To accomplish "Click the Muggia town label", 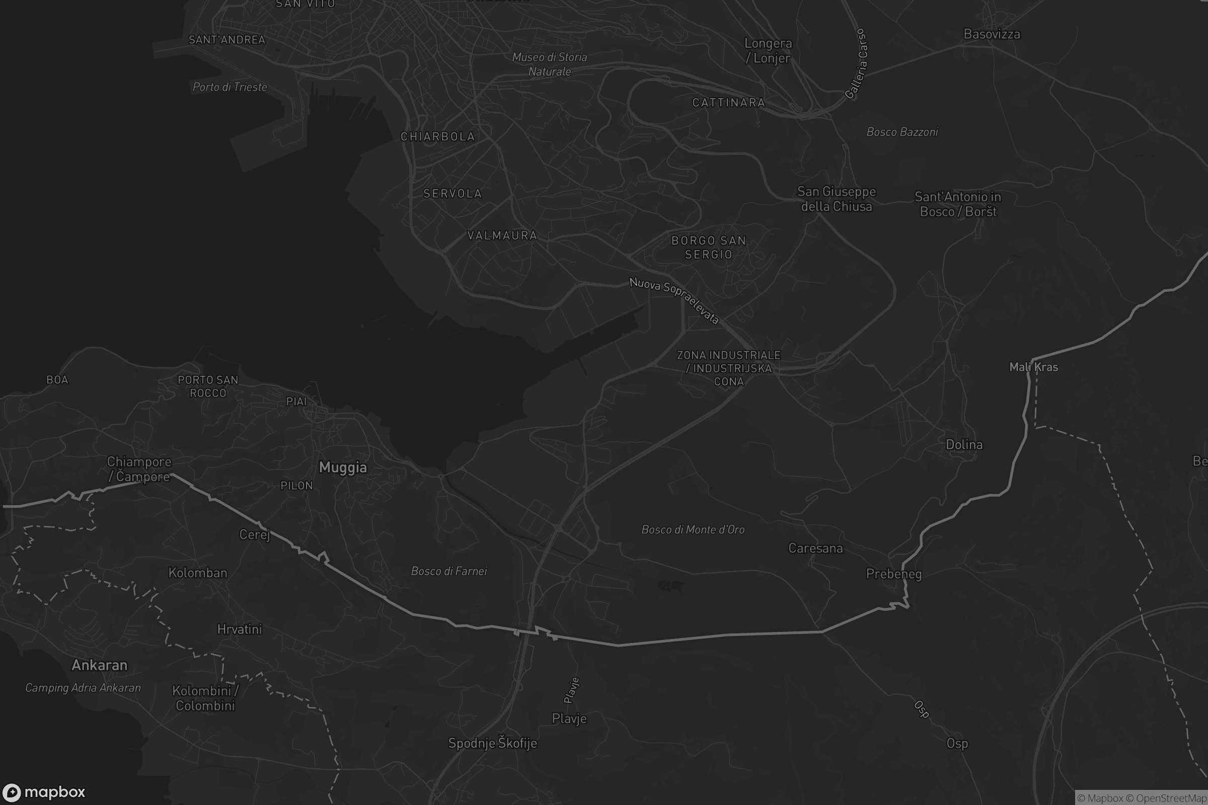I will pos(343,468).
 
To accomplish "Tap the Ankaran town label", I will pos(99,665).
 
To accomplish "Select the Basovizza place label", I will pos(991,34).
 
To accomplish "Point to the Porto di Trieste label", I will pos(230,87).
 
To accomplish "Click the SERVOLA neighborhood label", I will pos(452,194).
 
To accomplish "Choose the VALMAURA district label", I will pos(502,235).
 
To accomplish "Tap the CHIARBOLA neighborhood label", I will pos(437,136).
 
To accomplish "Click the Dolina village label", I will pos(964,445).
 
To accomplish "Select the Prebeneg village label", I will pos(894,574).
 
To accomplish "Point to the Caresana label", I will pos(815,548).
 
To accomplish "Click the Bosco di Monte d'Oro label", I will pos(693,530).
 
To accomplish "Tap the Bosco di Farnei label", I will pos(449,572).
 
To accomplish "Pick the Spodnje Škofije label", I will pos(493,744).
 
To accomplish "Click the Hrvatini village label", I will pos(240,629).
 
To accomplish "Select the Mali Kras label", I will pos(1033,367).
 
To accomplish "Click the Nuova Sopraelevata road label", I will pos(674,300).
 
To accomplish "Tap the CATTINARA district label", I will pos(728,103).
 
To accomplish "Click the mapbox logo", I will pos(44,792).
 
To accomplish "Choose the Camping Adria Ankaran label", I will pos(83,688).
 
